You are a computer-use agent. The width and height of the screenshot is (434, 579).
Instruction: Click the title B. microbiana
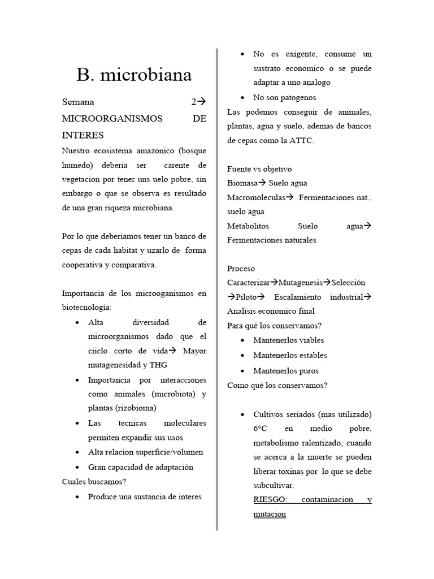pos(134,74)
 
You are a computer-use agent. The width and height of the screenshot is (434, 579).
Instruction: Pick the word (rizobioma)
pos(136,408)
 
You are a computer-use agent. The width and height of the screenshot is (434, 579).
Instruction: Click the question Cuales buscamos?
pos(94,482)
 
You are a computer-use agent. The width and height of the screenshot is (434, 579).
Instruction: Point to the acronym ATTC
pos(302,140)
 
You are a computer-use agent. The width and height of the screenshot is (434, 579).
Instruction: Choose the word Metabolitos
pos(248,226)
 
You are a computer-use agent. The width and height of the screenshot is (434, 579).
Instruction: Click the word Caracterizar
pos(248,282)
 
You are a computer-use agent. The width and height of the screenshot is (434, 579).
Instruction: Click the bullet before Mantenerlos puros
pos(242,371)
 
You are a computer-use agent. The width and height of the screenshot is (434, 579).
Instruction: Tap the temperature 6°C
pos(263,429)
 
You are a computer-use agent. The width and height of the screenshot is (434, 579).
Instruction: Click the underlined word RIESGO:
pos(271,500)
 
